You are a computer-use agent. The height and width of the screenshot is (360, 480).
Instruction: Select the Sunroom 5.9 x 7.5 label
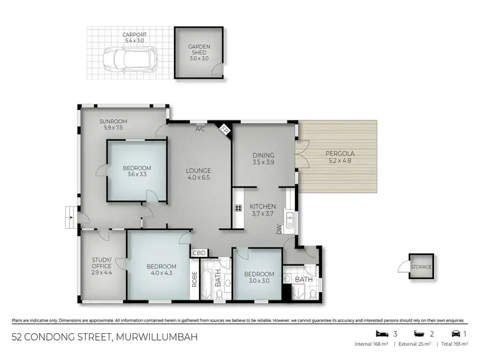coord(113,124)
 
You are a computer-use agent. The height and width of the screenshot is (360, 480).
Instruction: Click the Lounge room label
coord(198,174)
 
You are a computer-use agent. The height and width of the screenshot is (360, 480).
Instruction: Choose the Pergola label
coord(340,157)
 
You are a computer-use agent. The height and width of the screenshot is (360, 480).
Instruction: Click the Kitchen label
coord(263,210)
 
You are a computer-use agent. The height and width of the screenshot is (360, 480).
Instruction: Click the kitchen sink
coord(290,221)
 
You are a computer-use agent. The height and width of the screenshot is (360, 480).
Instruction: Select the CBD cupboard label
coord(198,252)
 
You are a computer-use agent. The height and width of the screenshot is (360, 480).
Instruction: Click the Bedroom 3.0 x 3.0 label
coord(258,277)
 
